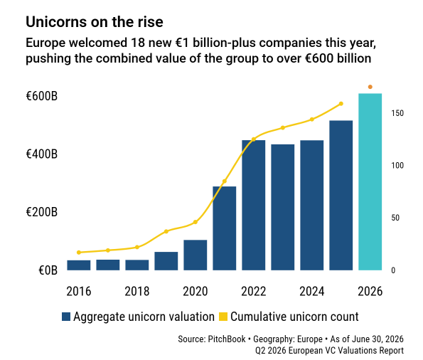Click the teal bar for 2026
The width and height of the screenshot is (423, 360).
tap(370, 181)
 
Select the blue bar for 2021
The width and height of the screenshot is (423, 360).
tap(225, 228)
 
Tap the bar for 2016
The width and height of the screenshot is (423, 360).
tap(79, 265)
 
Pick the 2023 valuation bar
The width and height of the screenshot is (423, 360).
tap(283, 207)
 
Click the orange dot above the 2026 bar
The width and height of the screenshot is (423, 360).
tap(370, 87)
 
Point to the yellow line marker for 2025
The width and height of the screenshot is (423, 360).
tap(341, 104)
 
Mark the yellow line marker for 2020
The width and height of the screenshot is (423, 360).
tap(196, 222)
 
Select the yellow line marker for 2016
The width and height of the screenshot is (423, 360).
tap(79, 253)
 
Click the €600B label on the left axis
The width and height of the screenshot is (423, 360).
tap(42, 96)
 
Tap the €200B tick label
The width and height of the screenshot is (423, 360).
tap(42, 212)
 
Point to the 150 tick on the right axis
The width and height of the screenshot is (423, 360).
tap(397, 113)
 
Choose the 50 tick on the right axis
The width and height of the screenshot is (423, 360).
tap(395, 218)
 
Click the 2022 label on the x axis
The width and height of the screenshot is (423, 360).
tap(254, 292)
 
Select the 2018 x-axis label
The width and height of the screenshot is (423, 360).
tap(137, 292)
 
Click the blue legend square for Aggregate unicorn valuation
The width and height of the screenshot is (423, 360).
tap(66, 317)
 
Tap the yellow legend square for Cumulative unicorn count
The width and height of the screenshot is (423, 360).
tap(223, 317)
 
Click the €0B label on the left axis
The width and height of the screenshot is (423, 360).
tap(48, 270)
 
